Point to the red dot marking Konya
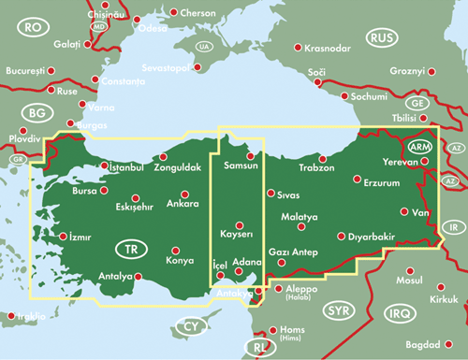pos(175,250)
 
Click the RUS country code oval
pos(382,37)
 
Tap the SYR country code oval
pos(338,310)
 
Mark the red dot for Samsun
pos(250,156)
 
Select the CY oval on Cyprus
pos(190,327)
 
